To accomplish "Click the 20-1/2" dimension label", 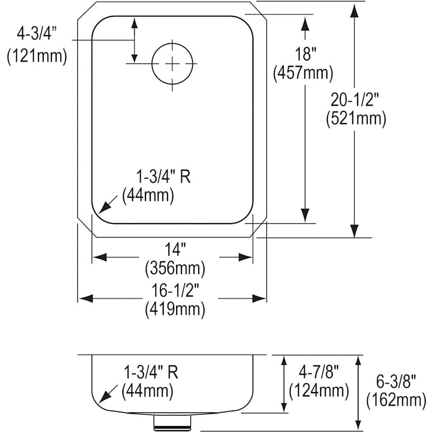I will (355, 99).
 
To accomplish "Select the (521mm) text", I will (355, 118).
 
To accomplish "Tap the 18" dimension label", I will (303, 54).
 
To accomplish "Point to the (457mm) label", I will (303, 73).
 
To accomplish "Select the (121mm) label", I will (36, 56).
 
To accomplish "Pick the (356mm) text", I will (175, 267).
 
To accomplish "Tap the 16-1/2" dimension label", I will (175, 290).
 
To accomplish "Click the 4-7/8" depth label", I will (318, 372).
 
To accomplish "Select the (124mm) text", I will (318, 391).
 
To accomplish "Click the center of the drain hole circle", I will (172, 63).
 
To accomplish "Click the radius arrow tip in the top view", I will (99, 212).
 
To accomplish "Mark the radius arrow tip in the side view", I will (99, 402).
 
